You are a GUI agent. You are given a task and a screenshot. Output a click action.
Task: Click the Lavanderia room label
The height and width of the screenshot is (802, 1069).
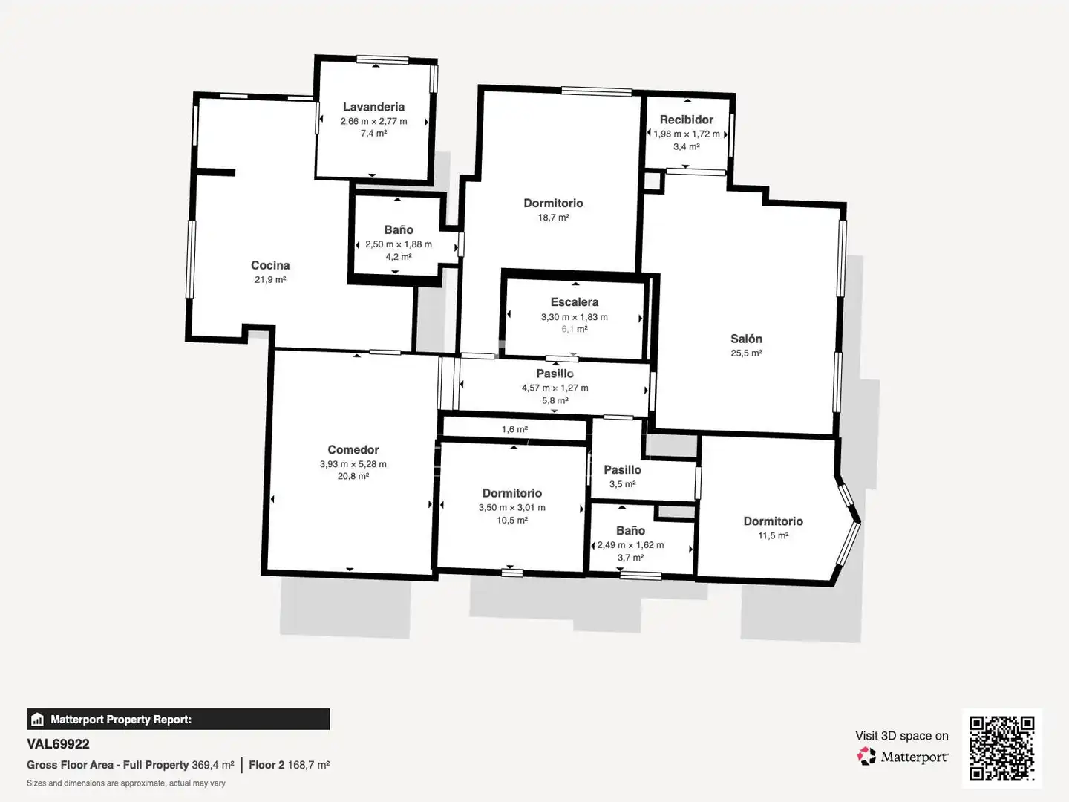[373, 107]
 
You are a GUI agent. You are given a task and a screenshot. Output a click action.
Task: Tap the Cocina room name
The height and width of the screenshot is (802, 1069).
[270, 265]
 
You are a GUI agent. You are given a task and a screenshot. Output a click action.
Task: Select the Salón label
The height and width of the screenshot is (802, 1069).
[746, 339]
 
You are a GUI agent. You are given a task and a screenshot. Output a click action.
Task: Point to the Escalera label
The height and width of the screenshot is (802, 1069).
[575, 302]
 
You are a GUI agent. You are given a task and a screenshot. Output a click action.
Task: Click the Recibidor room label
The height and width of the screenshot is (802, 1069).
[686, 120]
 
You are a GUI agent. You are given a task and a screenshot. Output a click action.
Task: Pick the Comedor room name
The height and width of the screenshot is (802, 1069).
[353, 449]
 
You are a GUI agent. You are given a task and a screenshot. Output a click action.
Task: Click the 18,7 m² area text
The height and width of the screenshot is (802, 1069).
[553, 217]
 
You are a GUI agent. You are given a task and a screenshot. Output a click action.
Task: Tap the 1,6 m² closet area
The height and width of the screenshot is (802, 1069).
[514, 429]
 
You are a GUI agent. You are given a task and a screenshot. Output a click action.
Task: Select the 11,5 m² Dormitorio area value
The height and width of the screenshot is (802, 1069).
[773, 535]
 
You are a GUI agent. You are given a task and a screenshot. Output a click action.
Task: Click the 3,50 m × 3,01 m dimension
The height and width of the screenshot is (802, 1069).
[511, 507]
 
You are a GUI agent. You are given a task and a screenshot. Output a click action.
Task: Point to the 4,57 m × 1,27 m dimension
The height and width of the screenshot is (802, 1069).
[555, 388]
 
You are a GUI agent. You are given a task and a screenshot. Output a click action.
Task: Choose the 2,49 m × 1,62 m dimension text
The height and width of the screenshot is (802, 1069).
[630, 545]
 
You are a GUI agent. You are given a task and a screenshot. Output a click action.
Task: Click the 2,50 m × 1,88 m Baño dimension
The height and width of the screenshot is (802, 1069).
[399, 244]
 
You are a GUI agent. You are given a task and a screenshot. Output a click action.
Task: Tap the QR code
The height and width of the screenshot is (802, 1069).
[1001, 748]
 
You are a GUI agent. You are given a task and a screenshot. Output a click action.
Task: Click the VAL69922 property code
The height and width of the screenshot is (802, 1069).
[58, 744]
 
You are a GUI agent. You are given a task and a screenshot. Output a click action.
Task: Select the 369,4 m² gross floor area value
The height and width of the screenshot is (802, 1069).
[213, 765]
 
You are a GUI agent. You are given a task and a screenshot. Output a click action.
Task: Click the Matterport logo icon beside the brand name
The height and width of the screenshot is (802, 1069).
[866, 756]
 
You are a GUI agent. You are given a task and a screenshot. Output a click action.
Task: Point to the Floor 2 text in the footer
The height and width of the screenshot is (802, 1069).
[267, 765]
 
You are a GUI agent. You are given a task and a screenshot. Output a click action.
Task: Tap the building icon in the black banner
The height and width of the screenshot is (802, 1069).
[38, 720]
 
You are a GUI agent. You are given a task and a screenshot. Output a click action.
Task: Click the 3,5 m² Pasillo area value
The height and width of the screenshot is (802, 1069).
[622, 484]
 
